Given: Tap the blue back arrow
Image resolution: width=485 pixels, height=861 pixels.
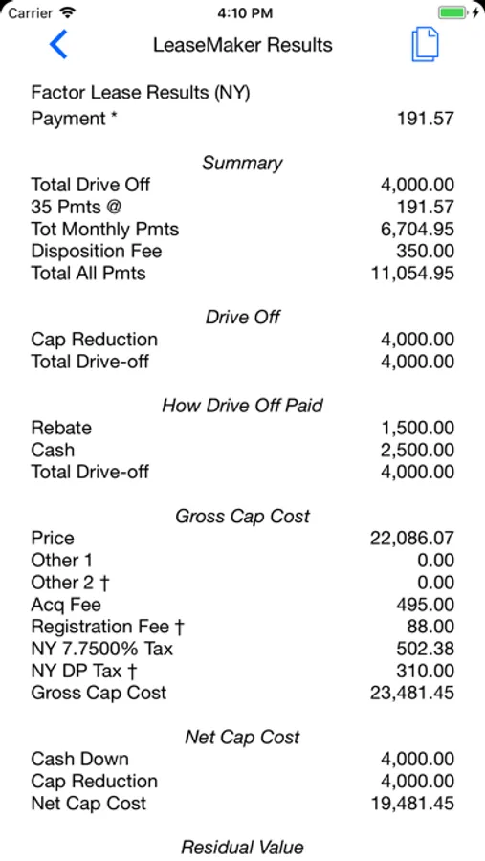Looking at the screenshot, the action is click(59, 45).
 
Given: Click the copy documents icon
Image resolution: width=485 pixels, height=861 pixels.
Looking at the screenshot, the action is click(425, 45).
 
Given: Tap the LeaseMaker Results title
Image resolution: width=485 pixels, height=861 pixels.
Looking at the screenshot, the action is click(243, 45).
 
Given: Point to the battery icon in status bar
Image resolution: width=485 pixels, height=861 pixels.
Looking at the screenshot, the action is click(453, 13).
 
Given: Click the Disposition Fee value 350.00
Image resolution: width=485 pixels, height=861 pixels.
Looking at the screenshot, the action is click(425, 252).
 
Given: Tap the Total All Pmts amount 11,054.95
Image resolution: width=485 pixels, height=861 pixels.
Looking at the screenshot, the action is click(412, 274).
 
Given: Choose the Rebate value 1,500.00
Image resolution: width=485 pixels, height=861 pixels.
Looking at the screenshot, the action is click(417, 428).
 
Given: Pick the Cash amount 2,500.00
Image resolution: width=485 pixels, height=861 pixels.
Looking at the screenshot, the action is click(417, 450).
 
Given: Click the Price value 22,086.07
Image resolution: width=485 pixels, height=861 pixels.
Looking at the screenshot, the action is click(412, 539).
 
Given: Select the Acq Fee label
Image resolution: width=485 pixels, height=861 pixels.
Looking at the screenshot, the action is click(66, 605).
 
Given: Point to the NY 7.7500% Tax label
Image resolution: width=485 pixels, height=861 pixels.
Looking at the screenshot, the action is click(102, 649).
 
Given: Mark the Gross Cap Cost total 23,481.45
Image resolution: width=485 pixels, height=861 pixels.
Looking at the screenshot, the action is click(412, 693).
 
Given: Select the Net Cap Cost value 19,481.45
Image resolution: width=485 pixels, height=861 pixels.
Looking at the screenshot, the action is click(412, 804).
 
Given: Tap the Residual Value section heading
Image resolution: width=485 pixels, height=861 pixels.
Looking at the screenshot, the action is click(242, 848).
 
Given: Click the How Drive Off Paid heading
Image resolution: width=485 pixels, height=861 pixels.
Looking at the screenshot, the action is click(242, 406).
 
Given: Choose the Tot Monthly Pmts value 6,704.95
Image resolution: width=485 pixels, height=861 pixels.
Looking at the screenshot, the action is click(417, 230).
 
